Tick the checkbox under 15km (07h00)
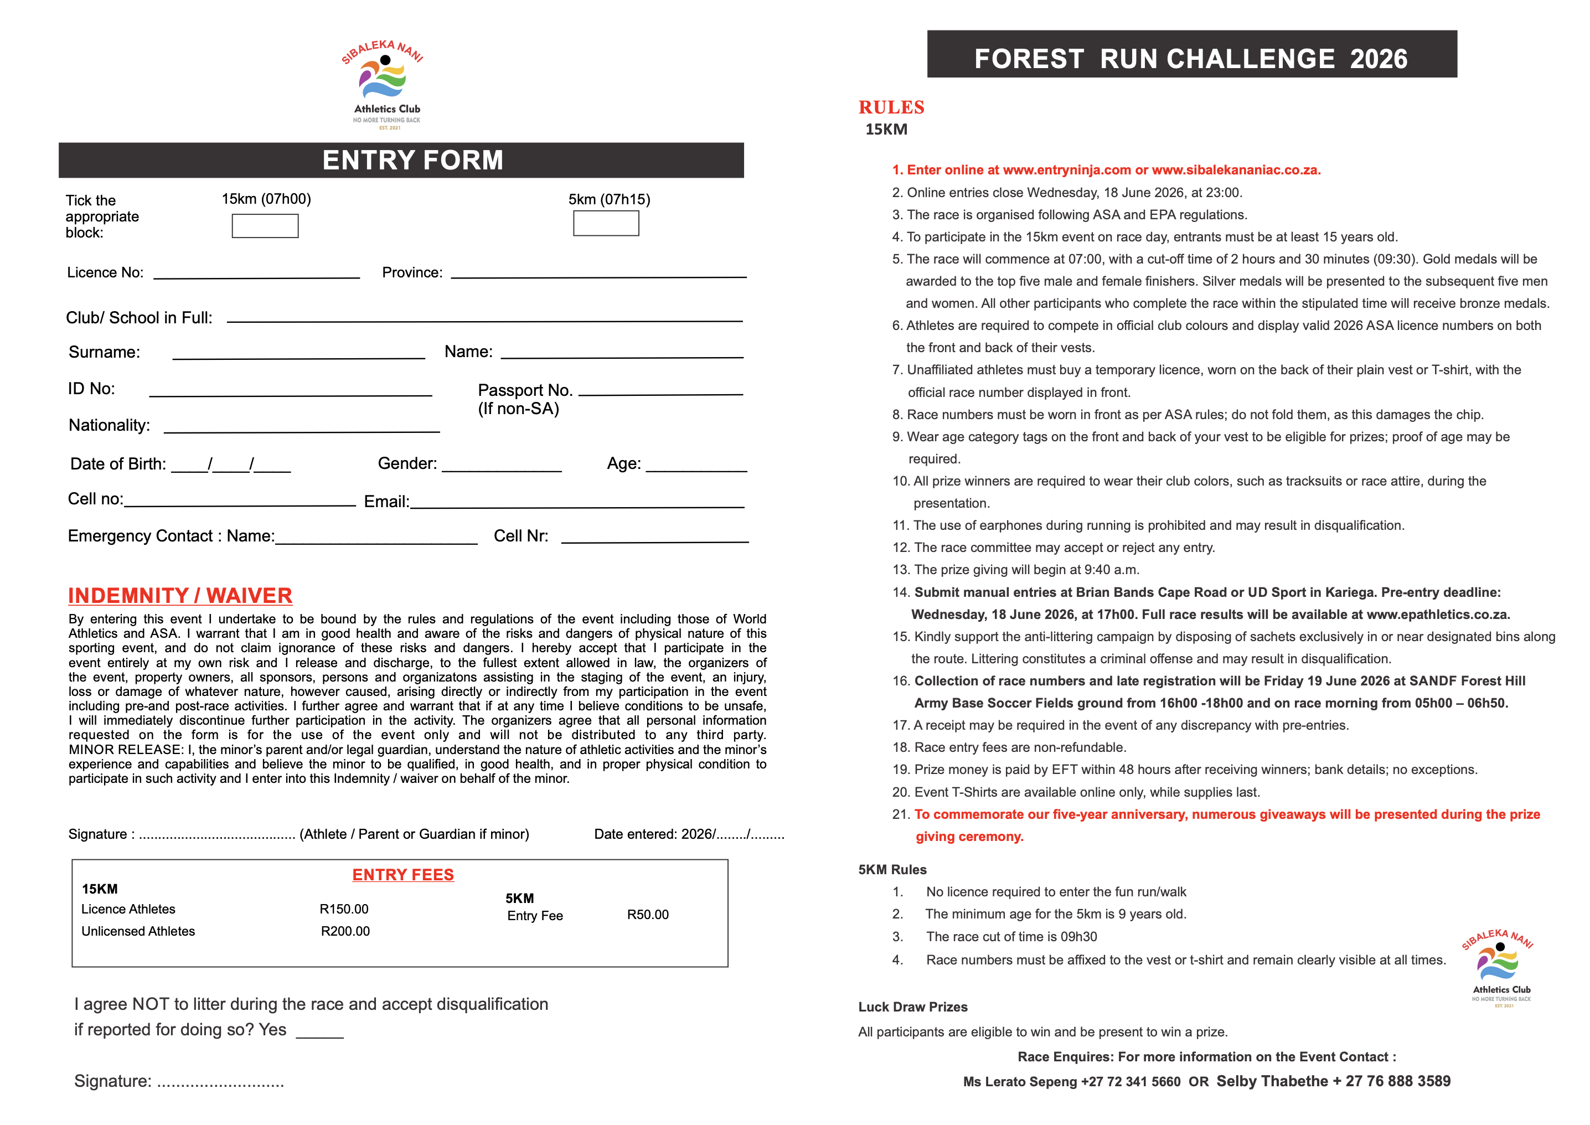click(x=265, y=226)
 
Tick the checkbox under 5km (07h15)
click(x=606, y=223)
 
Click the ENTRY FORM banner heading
click(x=413, y=160)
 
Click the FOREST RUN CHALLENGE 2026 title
click(x=1190, y=58)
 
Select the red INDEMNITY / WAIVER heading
click(x=180, y=595)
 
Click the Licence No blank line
click(x=256, y=275)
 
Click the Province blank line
click(x=598, y=275)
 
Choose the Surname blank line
click(x=298, y=355)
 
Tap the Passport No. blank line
click(x=660, y=392)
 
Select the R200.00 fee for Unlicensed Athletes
click(x=345, y=931)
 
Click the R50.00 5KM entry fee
click(x=648, y=915)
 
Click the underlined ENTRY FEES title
click(x=403, y=874)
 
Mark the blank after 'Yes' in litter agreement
click(x=319, y=1034)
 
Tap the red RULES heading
click(x=891, y=107)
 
